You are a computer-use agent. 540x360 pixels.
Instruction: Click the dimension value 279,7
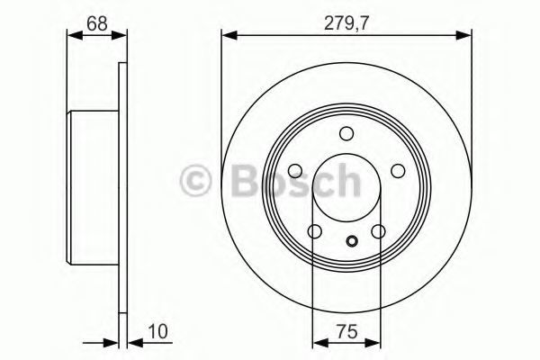[346, 23]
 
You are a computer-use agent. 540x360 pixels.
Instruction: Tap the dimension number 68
[97, 23]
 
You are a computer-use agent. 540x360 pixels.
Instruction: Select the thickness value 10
[157, 332]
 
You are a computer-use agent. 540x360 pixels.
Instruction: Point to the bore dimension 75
[347, 332]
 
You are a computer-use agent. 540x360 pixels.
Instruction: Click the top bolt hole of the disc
[346, 133]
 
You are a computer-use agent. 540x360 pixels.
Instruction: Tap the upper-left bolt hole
[295, 170]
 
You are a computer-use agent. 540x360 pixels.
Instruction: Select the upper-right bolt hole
[398, 170]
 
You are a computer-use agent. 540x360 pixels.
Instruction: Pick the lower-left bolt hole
[315, 231]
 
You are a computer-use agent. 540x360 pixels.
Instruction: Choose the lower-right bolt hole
[379, 231]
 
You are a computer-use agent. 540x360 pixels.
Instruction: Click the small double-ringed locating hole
[352, 241]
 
